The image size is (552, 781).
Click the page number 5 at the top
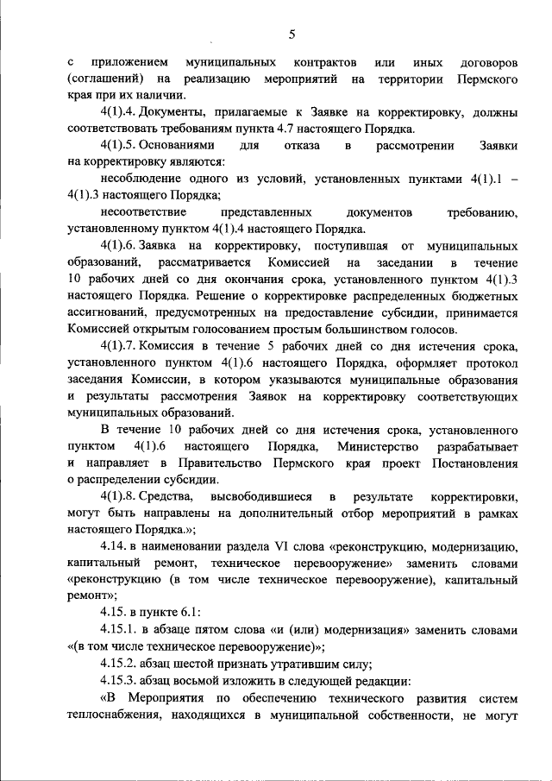tap(292, 35)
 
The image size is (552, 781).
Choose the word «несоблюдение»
tap(141, 179)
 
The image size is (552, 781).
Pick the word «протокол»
tap(491, 362)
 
